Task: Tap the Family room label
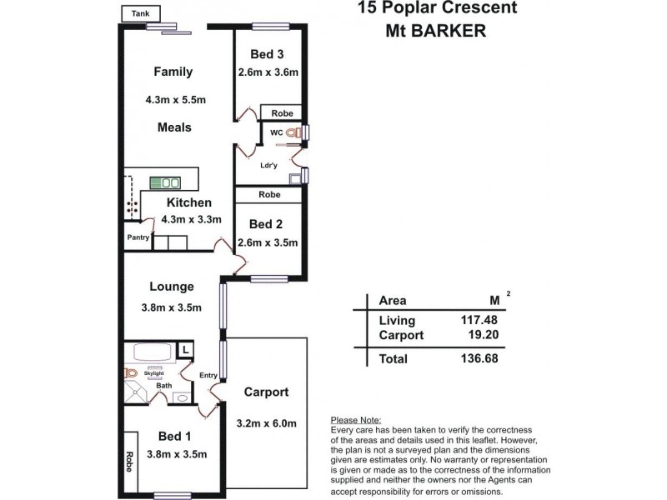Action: tap(173, 72)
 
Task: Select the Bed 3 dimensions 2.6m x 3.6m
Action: tap(268, 72)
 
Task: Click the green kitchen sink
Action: tap(165, 182)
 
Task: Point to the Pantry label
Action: tap(138, 237)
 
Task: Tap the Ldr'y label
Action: tap(268, 165)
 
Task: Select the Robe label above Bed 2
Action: tap(268, 194)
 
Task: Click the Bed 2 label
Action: tap(268, 223)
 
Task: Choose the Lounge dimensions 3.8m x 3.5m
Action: tap(172, 307)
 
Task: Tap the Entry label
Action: tap(208, 376)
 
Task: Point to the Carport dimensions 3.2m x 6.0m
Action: tap(266, 422)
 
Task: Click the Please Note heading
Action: tap(356, 420)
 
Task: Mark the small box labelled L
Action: tap(184, 349)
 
